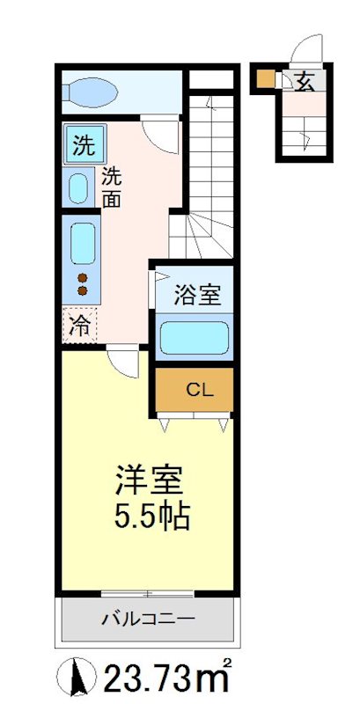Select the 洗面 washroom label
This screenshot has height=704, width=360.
[x=112, y=186]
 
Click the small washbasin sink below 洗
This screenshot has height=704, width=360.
[x=79, y=187]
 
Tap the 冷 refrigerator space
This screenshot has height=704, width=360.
[x=79, y=327]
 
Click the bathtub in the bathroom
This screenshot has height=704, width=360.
[x=194, y=337]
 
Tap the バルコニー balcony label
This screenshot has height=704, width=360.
[x=148, y=619]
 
